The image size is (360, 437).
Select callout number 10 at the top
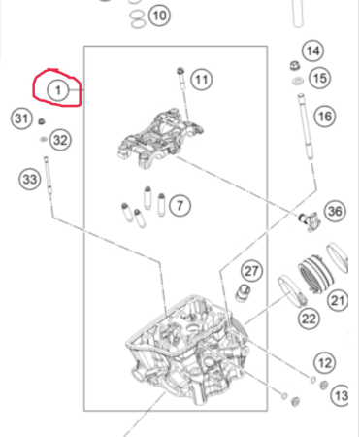click(x=159, y=16)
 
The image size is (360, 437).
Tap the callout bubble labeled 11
click(x=201, y=80)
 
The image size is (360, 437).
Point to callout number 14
click(x=312, y=50)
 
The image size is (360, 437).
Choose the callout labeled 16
click(x=324, y=116)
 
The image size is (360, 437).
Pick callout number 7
click(x=180, y=204)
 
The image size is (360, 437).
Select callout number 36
click(x=335, y=211)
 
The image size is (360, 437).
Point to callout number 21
click(x=338, y=301)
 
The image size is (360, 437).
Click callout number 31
click(x=21, y=118)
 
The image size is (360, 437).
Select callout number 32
click(x=60, y=140)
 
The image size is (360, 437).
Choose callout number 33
click(x=29, y=179)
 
